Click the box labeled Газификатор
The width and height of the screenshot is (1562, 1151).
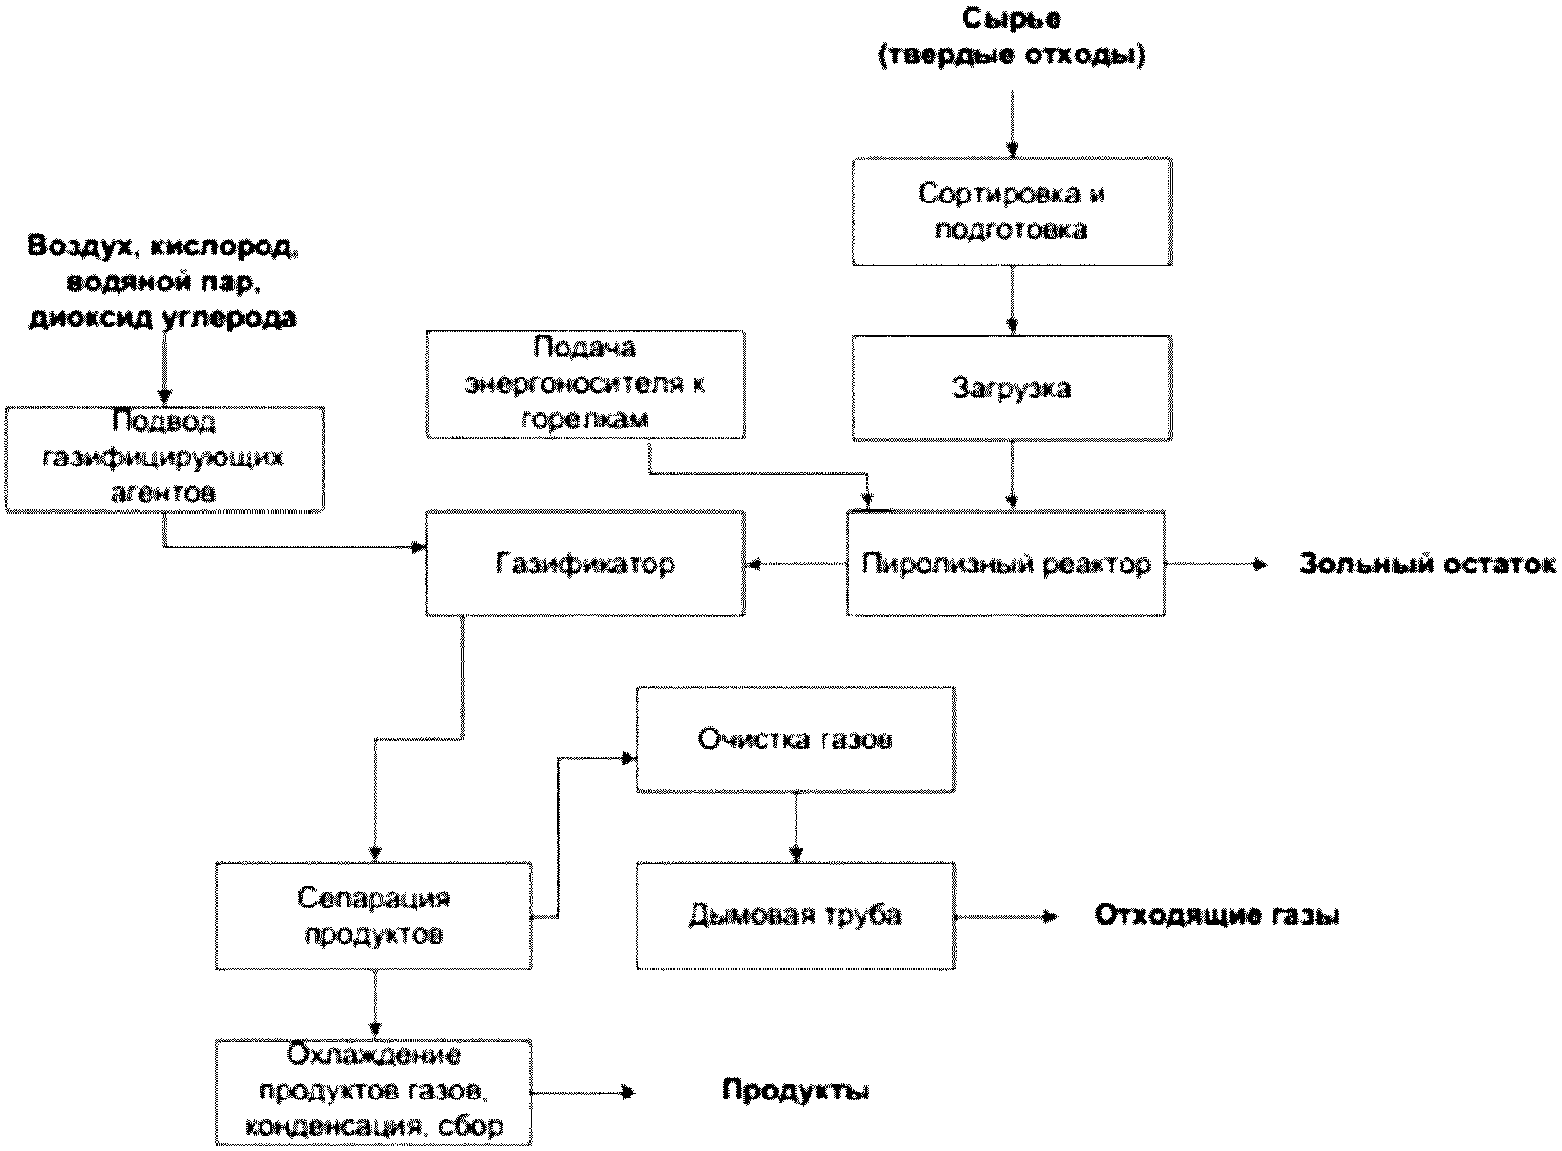pyautogui.click(x=585, y=564)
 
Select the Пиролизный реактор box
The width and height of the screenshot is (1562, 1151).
pyautogui.click(x=1006, y=564)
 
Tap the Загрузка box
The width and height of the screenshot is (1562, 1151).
pyautogui.click(x=1012, y=388)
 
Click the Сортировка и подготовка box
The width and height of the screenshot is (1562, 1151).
pyautogui.click(x=1012, y=212)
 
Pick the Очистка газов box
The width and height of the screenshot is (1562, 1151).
pyautogui.click(x=796, y=737)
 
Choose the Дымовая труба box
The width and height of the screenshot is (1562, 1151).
pyautogui.click(x=796, y=915)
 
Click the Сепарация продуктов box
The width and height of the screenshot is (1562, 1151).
pyautogui.click(x=374, y=916)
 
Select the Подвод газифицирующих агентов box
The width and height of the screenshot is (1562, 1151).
pyautogui.click(x=164, y=458)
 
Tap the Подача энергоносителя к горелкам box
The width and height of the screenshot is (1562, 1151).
pyautogui.click(x=585, y=384)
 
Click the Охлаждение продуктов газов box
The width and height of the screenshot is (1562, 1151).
pyautogui.click(x=374, y=1092)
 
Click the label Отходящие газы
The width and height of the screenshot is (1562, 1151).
pyautogui.click(x=1216, y=915)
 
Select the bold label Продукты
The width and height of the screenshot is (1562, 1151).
pyautogui.click(x=795, y=1091)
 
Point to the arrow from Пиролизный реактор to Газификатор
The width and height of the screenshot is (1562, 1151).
pyautogui.click(x=796, y=565)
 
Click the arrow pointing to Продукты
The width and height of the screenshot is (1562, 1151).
pyautogui.click(x=583, y=1092)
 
